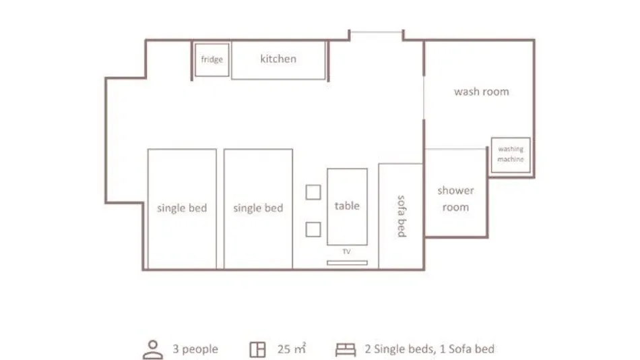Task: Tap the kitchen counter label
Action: tap(278, 59)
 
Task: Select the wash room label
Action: tap(481, 92)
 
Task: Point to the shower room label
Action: tap(455, 199)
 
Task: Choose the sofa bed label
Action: tap(402, 216)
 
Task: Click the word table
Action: tap(347, 206)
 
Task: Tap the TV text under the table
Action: tap(346, 251)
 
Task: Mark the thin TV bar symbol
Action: tap(347, 263)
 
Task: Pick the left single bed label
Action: tap(182, 208)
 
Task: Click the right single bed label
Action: tap(258, 208)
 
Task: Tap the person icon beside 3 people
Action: tap(153, 349)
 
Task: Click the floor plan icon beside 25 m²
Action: tap(257, 349)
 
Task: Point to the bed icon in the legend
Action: tap(346, 349)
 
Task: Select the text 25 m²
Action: tap(292, 349)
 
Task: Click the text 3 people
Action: tap(195, 349)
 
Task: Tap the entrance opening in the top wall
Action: tap(377, 32)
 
